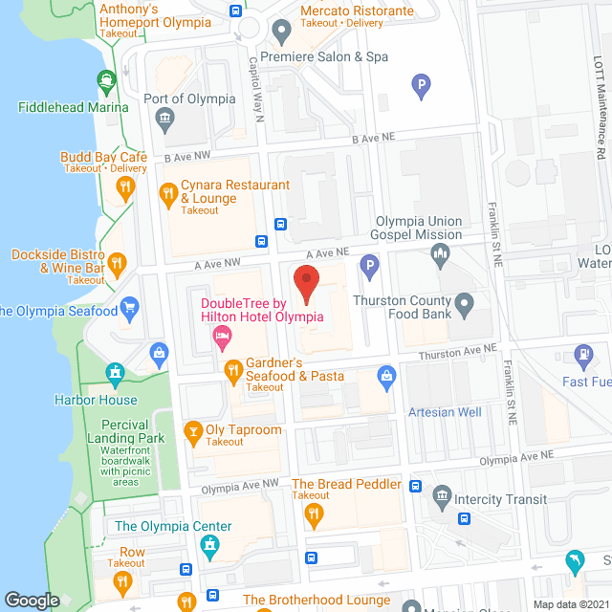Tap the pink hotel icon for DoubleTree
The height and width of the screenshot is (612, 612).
click(222, 336)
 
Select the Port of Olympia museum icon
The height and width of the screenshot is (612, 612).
click(163, 120)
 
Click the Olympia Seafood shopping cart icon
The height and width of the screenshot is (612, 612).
click(129, 308)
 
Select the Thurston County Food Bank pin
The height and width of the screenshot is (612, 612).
click(464, 307)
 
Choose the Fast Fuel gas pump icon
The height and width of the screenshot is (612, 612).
click(581, 356)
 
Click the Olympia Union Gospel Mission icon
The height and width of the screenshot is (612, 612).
click(440, 253)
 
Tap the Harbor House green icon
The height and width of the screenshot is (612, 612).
click(116, 372)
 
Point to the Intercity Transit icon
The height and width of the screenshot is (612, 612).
click(441, 495)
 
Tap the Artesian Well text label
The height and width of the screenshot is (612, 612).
click(445, 412)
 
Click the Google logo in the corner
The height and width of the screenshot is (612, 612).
click(32, 601)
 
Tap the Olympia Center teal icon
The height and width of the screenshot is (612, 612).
click(209, 545)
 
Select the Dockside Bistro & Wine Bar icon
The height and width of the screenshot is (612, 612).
click(117, 262)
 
